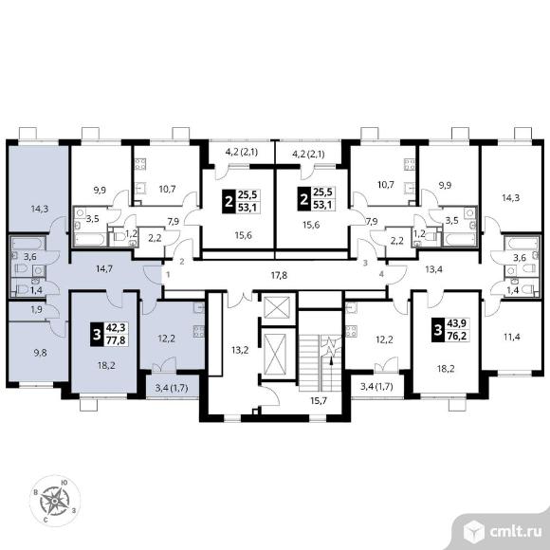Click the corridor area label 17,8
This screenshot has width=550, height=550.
pos(279,275)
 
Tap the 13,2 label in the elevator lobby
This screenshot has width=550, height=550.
pos(240,350)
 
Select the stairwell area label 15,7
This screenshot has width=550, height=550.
pos(319,400)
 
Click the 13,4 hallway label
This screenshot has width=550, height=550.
pos(433,269)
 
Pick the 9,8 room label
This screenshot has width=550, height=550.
pos(41,353)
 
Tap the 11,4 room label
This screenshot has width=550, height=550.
pos(512,337)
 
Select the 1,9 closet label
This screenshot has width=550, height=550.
pos(36,310)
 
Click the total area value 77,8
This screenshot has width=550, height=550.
pos(115,339)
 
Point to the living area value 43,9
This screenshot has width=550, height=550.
pos(456,323)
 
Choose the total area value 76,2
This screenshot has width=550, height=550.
pos(456,336)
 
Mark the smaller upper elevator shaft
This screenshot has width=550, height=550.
pos(277,307)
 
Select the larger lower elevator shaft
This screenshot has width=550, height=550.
pos(275,355)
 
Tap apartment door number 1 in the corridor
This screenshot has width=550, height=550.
pos(169,275)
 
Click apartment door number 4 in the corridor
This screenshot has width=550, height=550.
pos(381,274)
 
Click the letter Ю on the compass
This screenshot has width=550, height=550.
pos(64,483)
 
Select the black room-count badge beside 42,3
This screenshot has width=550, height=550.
pos(96,335)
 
